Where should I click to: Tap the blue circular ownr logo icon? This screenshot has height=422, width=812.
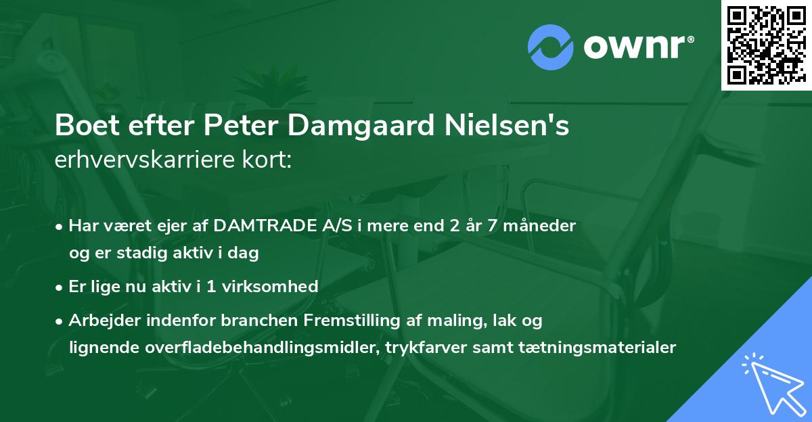pos(550,47)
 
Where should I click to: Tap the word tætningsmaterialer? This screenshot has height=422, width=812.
pos(600,348)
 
